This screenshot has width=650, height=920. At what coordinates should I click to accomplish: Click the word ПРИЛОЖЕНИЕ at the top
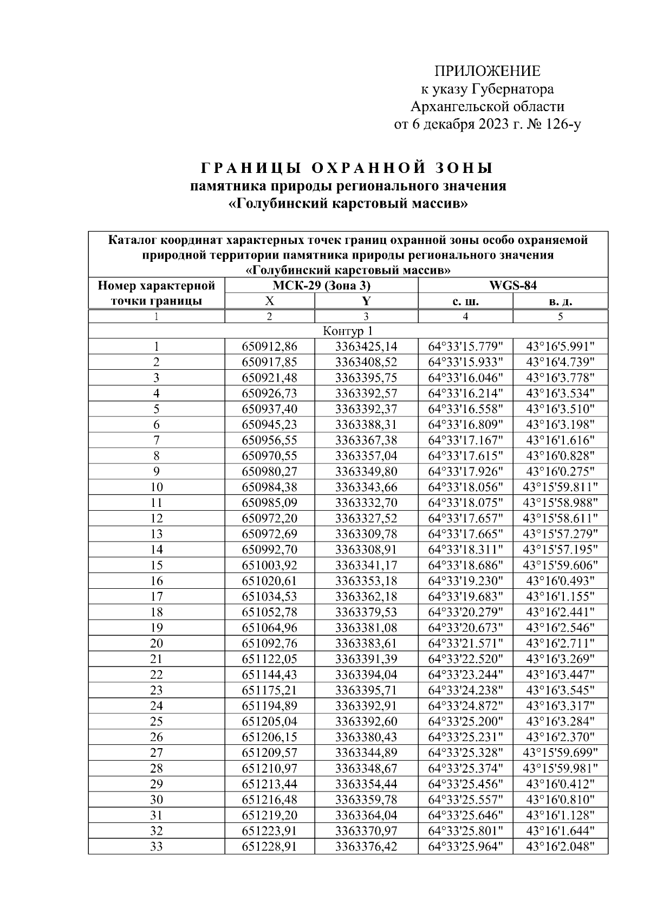(x=487, y=71)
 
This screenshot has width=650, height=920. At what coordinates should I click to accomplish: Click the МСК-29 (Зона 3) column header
(x=321, y=286)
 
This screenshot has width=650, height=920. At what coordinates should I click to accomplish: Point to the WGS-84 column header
(x=512, y=286)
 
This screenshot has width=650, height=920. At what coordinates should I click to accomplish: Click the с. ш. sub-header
(x=465, y=301)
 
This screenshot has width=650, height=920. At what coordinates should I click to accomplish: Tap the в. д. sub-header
(x=560, y=301)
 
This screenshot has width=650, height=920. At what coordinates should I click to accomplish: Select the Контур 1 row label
(x=348, y=331)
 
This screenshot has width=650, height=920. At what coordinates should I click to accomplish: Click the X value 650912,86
(x=269, y=347)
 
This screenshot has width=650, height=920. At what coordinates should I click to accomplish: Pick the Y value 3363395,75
(x=366, y=378)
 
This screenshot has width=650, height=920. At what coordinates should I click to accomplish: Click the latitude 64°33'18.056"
(x=466, y=487)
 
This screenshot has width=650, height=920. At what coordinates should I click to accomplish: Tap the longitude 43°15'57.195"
(x=560, y=550)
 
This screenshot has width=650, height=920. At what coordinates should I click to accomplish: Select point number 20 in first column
(x=156, y=644)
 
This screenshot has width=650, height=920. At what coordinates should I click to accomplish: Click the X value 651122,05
(x=269, y=659)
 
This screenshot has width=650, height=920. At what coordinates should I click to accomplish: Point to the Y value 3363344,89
(x=366, y=753)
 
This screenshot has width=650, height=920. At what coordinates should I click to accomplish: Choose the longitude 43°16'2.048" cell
(x=560, y=846)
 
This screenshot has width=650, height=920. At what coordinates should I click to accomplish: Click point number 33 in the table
(x=156, y=846)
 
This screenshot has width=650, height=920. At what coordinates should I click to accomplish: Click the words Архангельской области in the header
(x=487, y=106)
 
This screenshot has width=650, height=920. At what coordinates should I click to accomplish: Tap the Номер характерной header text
(x=156, y=286)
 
